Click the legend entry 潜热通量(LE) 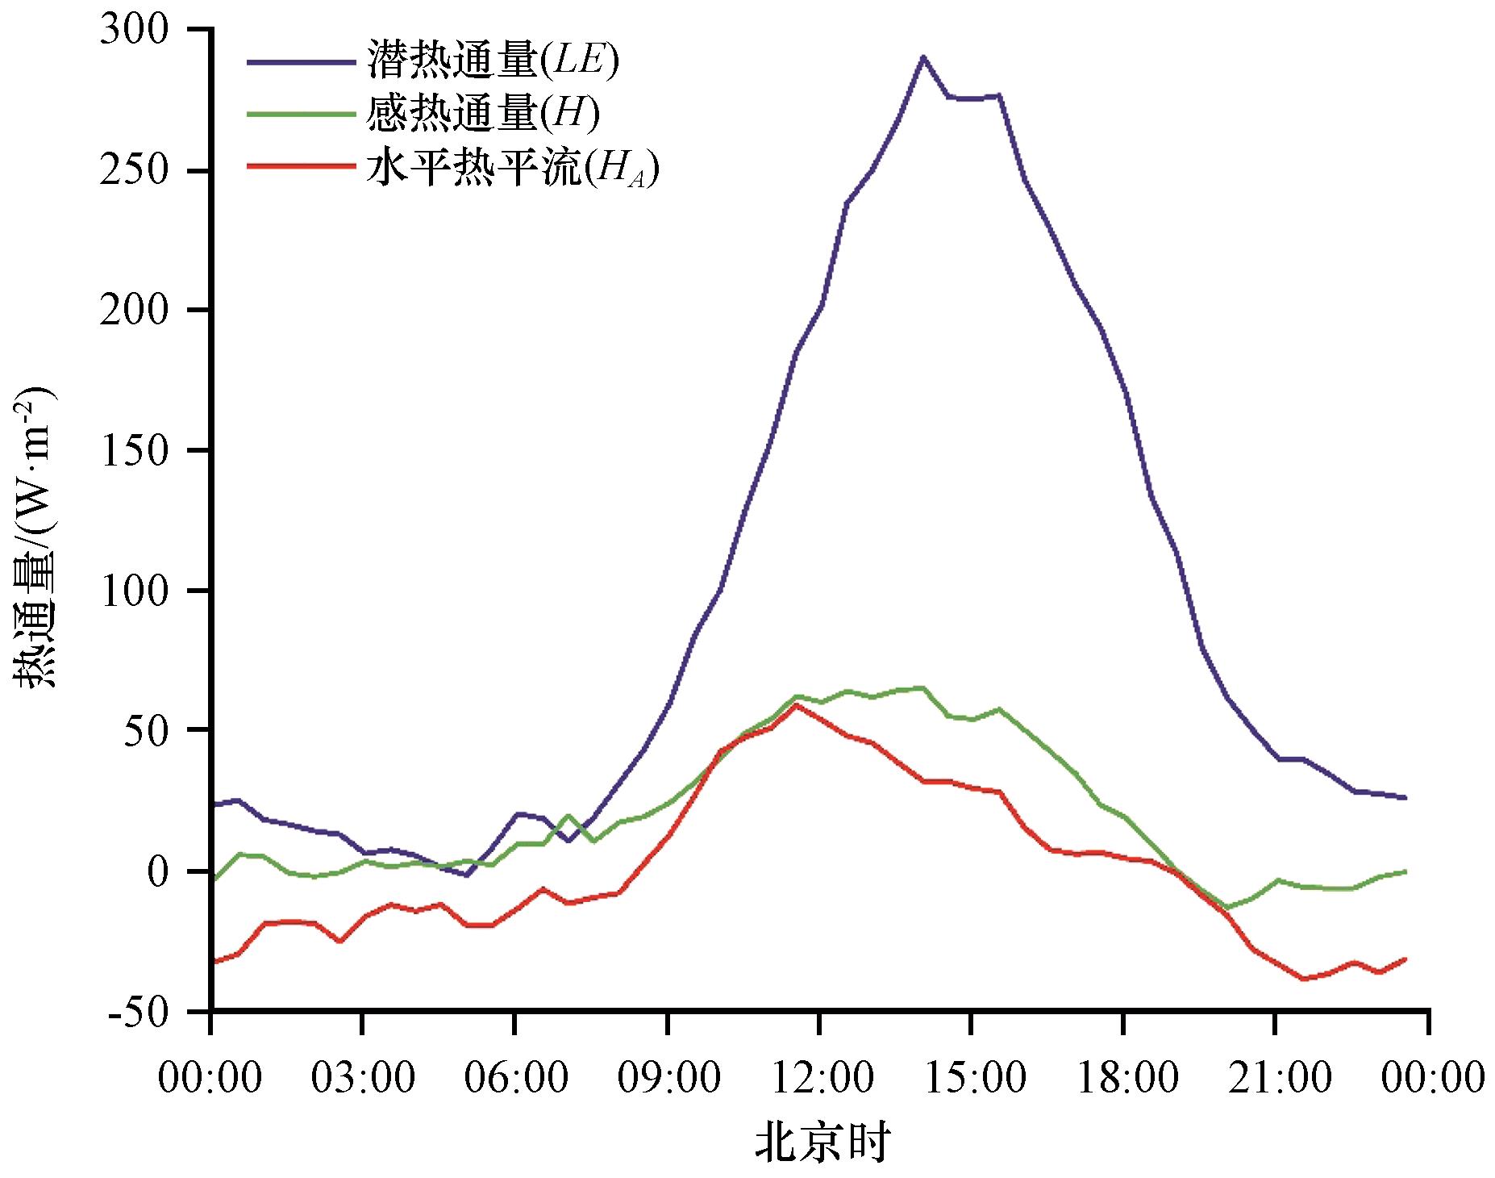click(x=493, y=62)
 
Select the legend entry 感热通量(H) click(x=483, y=115)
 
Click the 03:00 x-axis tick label click(x=362, y=1077)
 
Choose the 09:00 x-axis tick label click(x=668, y=1077)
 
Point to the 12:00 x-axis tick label click(x=819, y=1077)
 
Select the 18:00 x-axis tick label click(x=1124, y=1077)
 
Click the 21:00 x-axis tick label click(x=1276, y=1077)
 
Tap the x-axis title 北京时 click(x=822, y=1142)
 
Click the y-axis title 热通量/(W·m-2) click(x=36, y=537)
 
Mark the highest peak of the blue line click(x=923, y=56)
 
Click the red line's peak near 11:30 click(x=797, y=704)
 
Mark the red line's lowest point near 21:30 click(x=1301, y=979)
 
